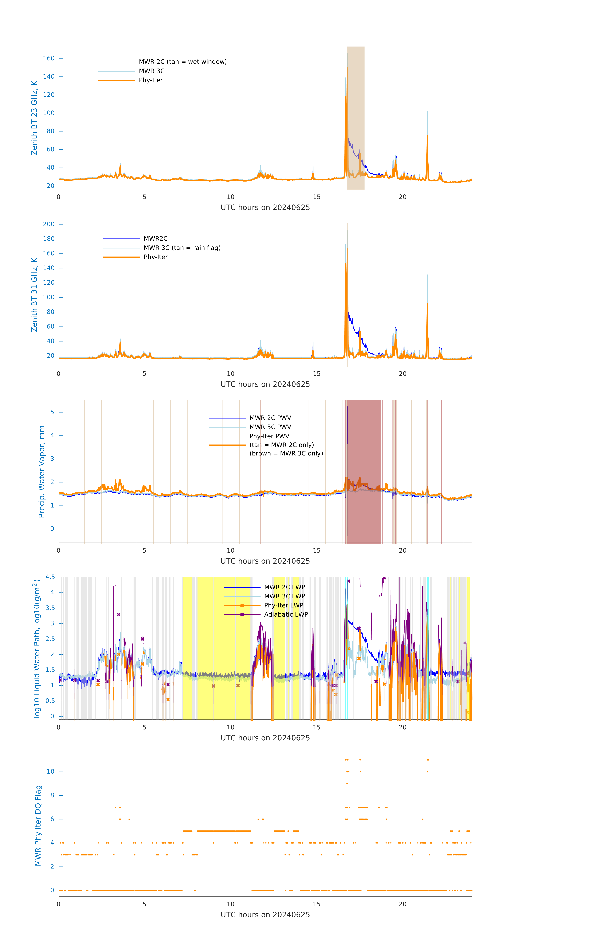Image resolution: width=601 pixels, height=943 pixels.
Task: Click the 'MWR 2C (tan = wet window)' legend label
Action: [x=182, y=62]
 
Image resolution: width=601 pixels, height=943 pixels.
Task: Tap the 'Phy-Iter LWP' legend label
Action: [x=283, y=605]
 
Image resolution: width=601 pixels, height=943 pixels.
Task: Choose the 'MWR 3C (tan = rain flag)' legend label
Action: [x=182, y=248]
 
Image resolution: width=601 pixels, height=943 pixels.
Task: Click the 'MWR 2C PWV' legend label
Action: [x=270, y=418]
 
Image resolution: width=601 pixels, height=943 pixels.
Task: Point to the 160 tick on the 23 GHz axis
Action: [x=49, y=58]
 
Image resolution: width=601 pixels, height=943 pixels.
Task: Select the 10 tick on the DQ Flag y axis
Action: [x=50, y=772]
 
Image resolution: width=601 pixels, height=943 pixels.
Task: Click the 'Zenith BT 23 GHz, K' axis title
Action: [x=34, y=118]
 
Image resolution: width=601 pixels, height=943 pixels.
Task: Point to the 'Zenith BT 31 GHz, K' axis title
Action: [x=34, y=295]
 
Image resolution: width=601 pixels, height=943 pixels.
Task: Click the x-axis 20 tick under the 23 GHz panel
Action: [x=403, y=197]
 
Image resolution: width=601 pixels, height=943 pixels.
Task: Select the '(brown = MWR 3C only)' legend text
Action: [x=286, y=453]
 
